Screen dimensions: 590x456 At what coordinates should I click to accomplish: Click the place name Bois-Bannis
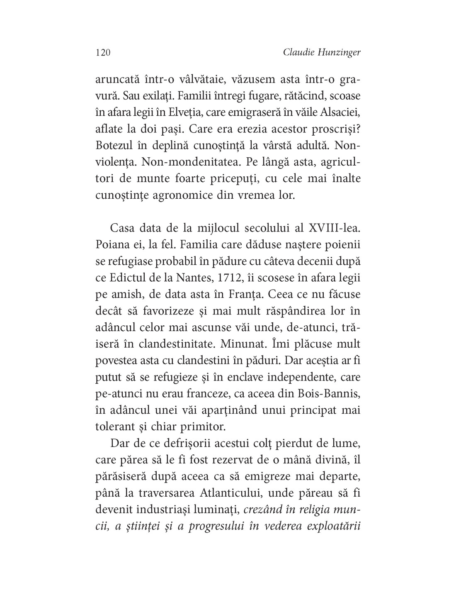click(x=332, y=394)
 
